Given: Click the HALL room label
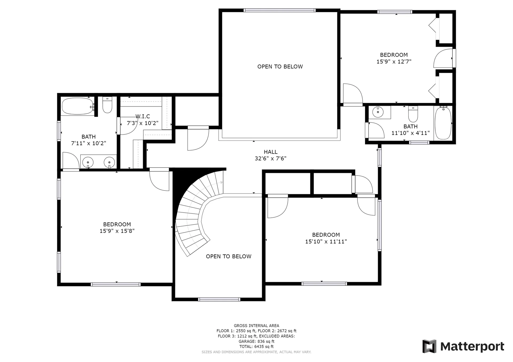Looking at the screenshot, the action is [271, 152].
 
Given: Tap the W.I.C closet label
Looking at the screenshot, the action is [143, 117].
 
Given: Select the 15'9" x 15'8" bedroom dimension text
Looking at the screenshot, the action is [117, 231].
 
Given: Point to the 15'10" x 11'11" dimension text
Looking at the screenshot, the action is [326, 242].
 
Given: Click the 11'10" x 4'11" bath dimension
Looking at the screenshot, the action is [411, 133].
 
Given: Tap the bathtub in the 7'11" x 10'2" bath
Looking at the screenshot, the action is [78, 106].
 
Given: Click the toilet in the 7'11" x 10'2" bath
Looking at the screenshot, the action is [107, 105].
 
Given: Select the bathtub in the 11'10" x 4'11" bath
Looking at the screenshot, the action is [443, 122].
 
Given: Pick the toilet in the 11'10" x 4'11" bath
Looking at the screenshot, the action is [413, 114].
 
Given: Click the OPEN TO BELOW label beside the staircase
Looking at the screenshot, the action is [229, 256].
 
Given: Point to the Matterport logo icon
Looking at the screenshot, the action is [429, 346].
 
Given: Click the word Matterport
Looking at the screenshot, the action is [472, 347].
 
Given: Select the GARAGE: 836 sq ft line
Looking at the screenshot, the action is [256, 341].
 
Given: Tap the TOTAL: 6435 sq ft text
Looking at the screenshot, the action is [256, 347].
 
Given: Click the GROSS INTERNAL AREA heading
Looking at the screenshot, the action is [256, 326].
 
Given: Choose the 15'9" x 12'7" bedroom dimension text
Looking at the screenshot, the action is [394, 62].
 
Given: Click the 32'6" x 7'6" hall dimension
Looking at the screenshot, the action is [271, 159].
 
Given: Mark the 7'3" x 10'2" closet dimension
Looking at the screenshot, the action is [143, 123].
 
